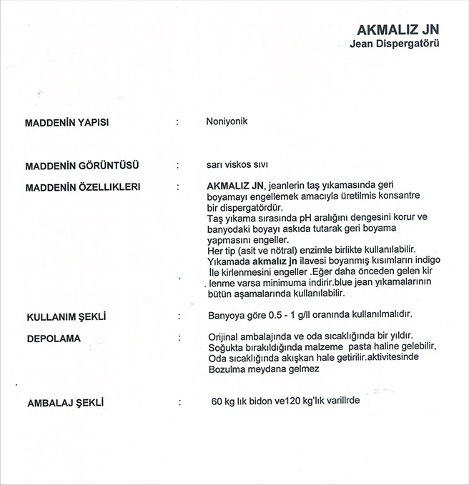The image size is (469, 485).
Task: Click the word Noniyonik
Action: click(226, 121)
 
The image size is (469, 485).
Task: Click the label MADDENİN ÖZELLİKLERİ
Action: click(82, 186)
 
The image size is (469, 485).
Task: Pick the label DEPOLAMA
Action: click(53, 336)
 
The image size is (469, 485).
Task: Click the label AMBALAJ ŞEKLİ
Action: click(65, 403)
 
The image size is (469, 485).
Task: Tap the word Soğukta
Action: click(225, 346)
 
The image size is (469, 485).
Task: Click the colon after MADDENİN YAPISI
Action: click(177, 122)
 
